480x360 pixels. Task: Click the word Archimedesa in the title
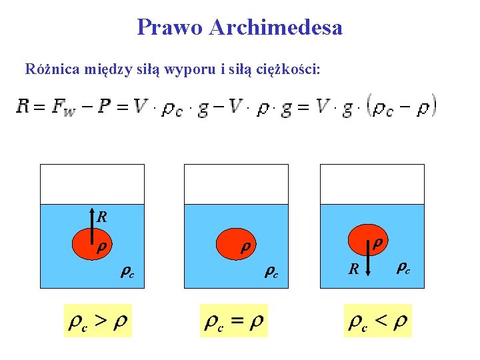(x=275, y=28)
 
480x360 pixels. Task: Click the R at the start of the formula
(x=23, y=107)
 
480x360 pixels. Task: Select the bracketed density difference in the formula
(x=403, y=107)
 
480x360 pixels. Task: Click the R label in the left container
(x=102, y=217)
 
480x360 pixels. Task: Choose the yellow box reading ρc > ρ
(x=97, y=321)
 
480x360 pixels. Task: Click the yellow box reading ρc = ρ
(x=233, y=321)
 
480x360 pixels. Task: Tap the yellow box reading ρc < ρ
(x=377, y=321)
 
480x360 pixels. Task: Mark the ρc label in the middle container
(x=271, y=271)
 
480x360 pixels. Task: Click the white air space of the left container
(x=92, y=183)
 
